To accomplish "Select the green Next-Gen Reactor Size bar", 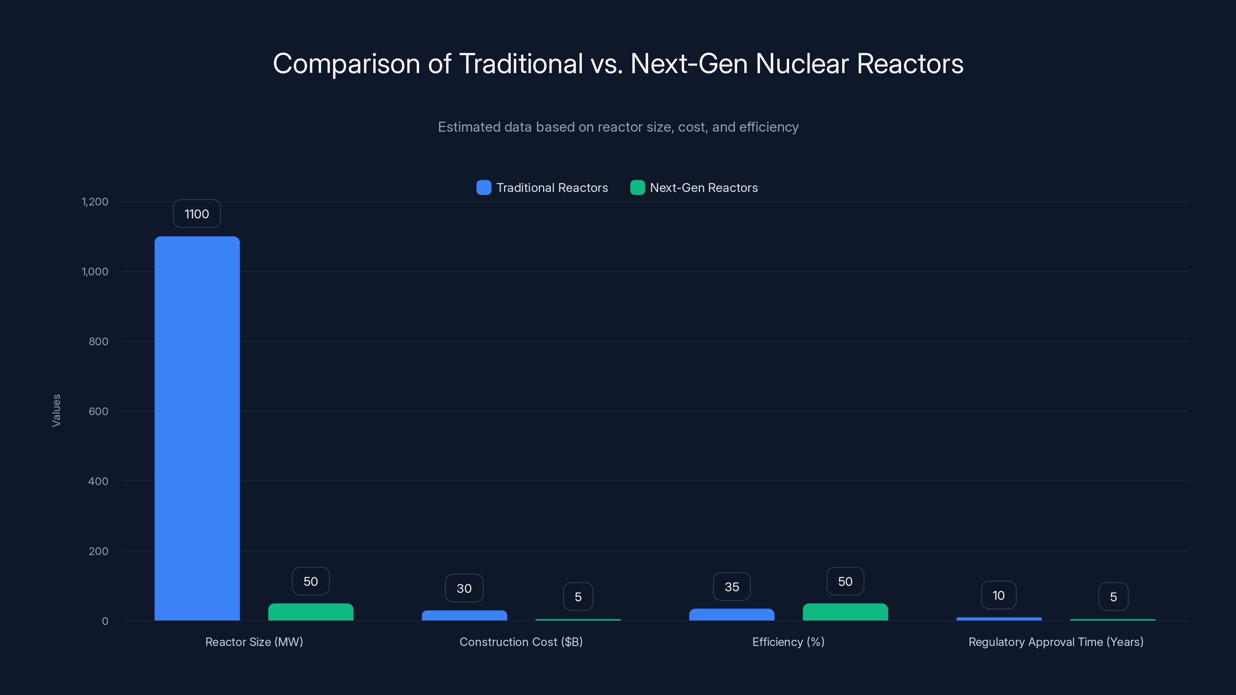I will coord(311,612).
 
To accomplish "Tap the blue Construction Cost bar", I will coord(464,615).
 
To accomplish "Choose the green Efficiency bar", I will coord(845,612).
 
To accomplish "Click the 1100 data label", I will coord(197,214).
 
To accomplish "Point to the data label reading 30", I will coord(464,588).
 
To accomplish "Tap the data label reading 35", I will coord(731,587).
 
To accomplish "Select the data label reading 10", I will coord(998,595).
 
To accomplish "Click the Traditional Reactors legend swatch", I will coord(484,188).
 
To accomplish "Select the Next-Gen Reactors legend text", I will coord(703,188).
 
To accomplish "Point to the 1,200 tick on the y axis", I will coord(95,202).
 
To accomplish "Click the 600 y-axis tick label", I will coord(98,411).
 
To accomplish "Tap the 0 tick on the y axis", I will coord(105,621).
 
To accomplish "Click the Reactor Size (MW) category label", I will coord(254,642).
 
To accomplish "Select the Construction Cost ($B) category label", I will coord(521,642).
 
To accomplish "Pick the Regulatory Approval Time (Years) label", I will coord(1056,642).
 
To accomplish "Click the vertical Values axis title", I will coord(56,410).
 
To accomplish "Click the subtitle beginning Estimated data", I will coord(618,127).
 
